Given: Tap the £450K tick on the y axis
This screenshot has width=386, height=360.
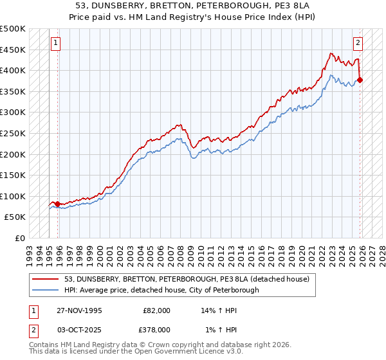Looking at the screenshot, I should click(13, 50).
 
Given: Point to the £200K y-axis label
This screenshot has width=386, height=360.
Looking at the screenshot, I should click(13, 154).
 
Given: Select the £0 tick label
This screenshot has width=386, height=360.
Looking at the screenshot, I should click(21, 238).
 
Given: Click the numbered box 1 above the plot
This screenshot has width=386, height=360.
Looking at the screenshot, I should click(55, 44).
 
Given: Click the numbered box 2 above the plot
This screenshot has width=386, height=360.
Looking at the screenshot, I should click(357, 44).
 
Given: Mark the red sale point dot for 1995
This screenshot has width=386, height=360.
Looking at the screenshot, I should click(57, 204).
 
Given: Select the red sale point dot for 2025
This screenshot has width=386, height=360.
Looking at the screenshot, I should click(360, 80).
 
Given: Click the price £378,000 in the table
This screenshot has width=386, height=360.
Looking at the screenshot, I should click(156, 330).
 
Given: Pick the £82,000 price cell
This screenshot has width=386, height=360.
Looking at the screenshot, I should click(156, 310).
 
